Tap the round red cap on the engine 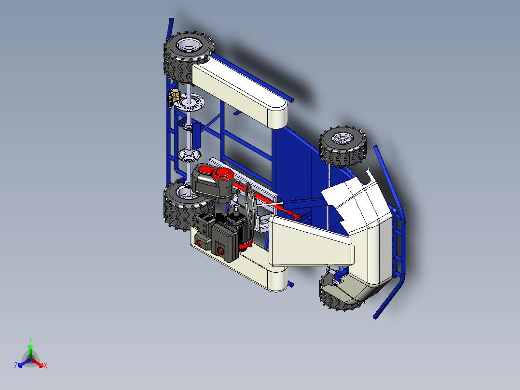pyautogui.click(x=223, y=174)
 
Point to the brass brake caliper pyautogui.click(x=172, y=97)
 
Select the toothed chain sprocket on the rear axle pyautogui.click(x=188, y=155)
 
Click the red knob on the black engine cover pyautogui.click(x=220, y=251)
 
